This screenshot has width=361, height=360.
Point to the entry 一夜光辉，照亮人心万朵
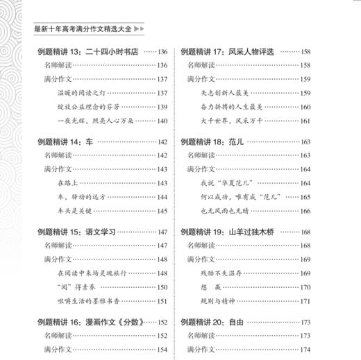[93, 121]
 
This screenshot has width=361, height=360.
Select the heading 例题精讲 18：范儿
[210, 142]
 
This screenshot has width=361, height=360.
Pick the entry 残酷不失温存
[220, 273]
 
